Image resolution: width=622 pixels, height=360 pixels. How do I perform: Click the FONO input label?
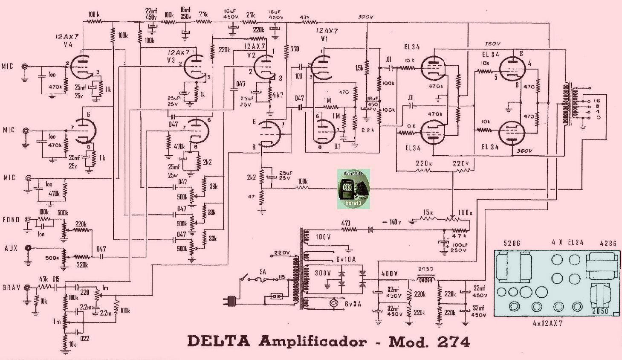point(11,220)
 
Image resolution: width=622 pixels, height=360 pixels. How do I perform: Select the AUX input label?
point(11,248)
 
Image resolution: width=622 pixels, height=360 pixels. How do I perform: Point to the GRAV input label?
point(11,287)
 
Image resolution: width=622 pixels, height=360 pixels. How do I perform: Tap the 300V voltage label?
point(366,17)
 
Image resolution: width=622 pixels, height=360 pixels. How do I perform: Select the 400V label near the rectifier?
point(389,273)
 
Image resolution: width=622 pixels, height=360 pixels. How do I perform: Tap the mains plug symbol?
point(232,301)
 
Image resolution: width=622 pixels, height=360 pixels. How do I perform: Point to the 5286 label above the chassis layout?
point(512,244)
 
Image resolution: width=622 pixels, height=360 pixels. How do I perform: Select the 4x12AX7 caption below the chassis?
point(547,323)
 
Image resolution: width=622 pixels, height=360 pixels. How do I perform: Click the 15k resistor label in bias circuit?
point(428,212)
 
